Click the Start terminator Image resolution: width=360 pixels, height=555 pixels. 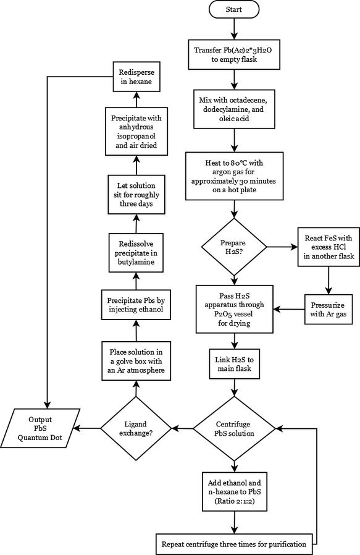[x=234, y=9]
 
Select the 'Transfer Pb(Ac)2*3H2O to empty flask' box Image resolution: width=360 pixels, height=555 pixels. [x=234, y=54]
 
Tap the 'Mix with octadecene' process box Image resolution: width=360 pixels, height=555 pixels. [x=234, y=109]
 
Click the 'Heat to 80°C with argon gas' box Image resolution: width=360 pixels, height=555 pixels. [x=234, y=176]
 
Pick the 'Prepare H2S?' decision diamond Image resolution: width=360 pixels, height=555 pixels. [x=234, y=247]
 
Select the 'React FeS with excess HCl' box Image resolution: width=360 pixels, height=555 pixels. [x=329, y=247]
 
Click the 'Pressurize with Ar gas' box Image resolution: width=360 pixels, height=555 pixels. [x=329, y=310]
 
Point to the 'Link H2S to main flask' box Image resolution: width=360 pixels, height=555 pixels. [x=235, y=364]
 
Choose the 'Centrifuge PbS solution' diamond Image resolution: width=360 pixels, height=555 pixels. [x=234, y=429]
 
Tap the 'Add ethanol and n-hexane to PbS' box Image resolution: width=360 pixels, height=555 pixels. [x=235, y=491]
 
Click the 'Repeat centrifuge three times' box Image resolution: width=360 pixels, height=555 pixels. [x=235, y=544]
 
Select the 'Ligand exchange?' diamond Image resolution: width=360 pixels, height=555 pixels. [x=136, y=429]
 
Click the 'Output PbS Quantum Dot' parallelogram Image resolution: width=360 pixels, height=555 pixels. [x=40, y=428]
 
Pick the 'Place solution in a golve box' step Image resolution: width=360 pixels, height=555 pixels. [x=136, y=361]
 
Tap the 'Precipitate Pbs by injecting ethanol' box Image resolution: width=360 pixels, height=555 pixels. [x=136, y=305]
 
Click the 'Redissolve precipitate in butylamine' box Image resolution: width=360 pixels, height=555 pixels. [x=136, y=253]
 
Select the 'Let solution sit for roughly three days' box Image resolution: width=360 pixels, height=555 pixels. [x=136, y=194]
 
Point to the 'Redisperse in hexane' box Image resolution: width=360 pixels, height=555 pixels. [x=136, y=77]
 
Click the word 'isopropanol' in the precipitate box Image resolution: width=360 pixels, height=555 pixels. [x=136, y=136]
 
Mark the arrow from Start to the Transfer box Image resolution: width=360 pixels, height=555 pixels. [x=234, y=28]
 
